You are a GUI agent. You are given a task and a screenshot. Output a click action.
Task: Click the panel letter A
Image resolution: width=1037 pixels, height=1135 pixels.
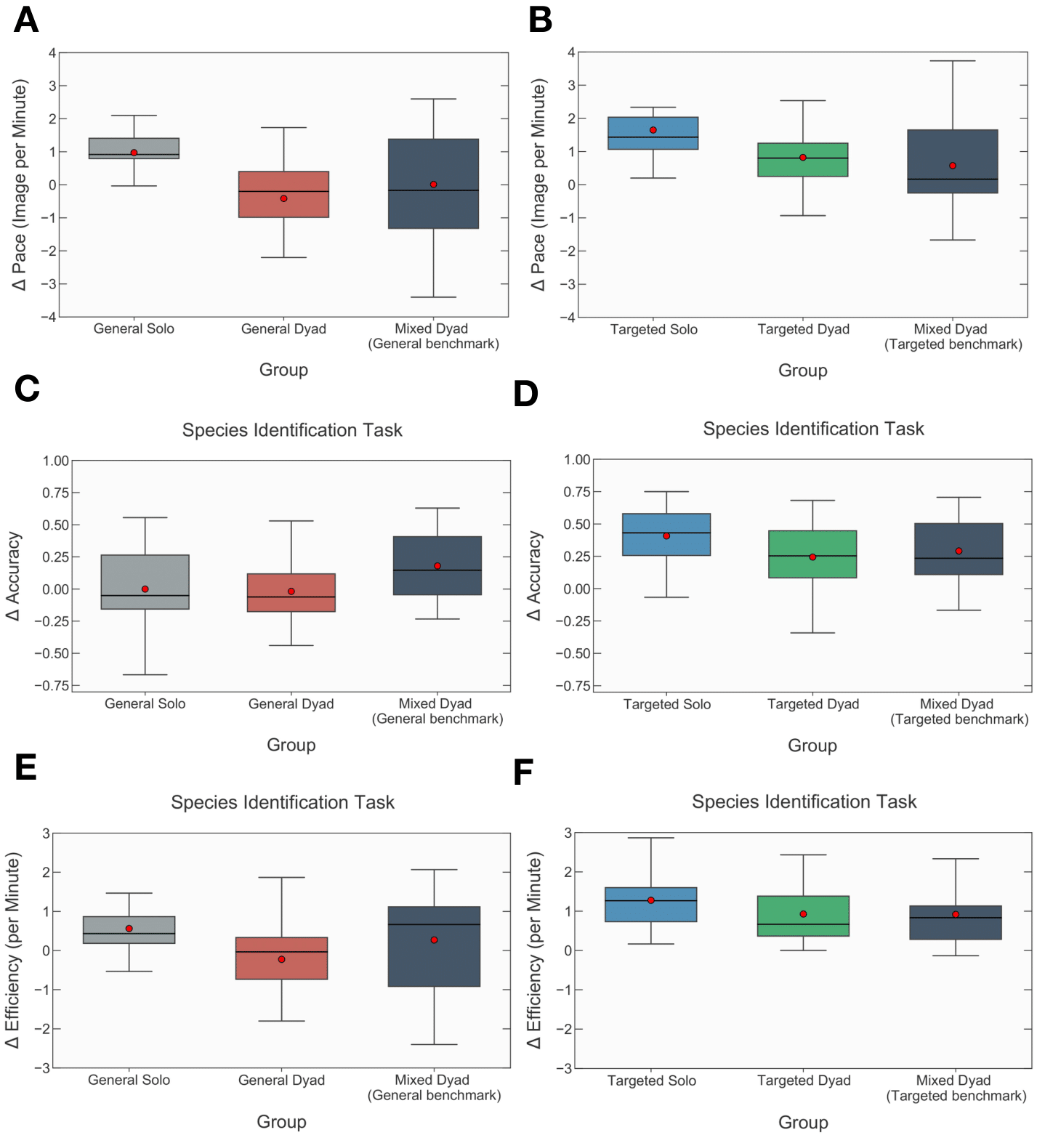point(26,20)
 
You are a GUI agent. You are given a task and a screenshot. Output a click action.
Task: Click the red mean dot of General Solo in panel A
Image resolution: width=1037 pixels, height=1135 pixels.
point(134,153)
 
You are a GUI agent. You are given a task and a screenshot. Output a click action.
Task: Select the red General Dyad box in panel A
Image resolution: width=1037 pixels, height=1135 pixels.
point(283,194)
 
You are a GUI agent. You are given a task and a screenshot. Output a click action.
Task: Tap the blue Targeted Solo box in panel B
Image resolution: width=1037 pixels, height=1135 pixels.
point(653,134)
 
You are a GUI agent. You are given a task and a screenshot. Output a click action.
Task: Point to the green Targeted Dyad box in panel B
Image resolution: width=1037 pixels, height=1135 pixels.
point(802,160)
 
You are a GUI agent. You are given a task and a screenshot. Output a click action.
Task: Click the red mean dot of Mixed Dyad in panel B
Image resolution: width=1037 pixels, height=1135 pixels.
point(952,166)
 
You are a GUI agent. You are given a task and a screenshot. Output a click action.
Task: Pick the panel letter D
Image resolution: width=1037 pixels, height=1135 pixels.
point(525,394)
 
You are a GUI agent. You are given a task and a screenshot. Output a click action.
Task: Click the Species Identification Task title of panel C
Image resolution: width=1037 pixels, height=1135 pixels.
point(291,430)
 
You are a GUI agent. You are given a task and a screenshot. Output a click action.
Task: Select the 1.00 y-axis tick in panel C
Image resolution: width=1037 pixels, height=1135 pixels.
point(56,461)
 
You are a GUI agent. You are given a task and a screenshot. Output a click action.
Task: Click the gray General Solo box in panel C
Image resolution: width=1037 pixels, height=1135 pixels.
point(145,581)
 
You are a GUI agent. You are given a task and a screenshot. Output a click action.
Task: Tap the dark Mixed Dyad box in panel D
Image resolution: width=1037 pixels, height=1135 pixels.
point(959,549)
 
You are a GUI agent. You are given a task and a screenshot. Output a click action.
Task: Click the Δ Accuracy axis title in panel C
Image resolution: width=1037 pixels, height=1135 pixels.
point(14,575)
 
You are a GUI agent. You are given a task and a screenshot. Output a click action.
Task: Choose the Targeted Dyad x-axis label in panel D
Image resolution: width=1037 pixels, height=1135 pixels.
point(812,704)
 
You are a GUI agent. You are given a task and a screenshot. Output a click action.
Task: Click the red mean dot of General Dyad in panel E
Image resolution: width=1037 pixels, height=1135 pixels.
point(281,959)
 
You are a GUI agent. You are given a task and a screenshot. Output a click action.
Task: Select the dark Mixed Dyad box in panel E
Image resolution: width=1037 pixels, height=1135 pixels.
point(434,946)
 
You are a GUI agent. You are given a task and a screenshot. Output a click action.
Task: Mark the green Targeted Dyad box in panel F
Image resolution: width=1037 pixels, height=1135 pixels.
point(803,916)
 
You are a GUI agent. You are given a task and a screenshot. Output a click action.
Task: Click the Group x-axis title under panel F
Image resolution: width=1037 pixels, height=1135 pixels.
point(803,1122)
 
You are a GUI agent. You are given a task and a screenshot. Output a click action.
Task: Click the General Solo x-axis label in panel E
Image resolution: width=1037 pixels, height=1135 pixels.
point(129,1080)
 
